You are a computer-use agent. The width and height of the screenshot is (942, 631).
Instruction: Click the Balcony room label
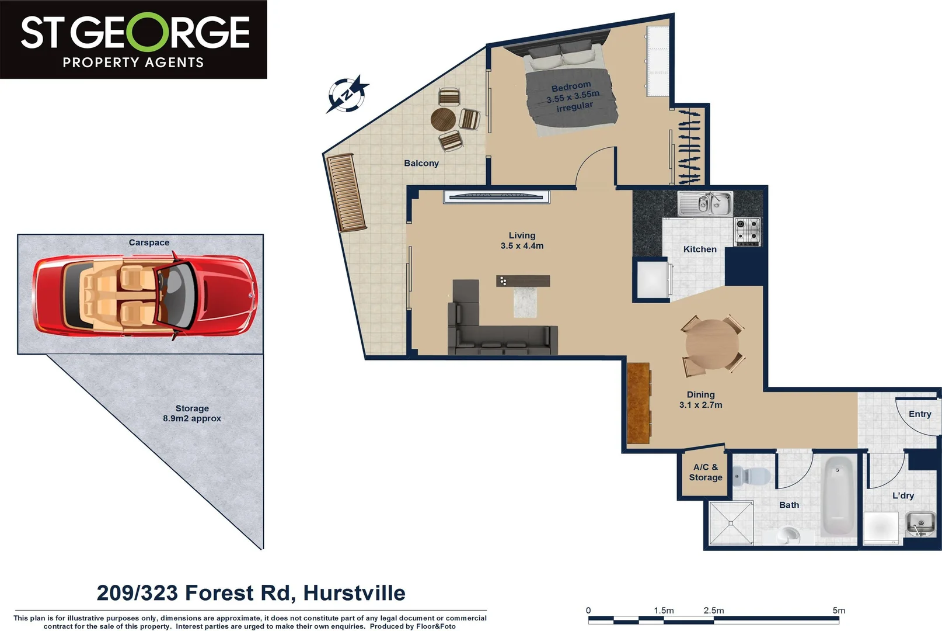[421, 163]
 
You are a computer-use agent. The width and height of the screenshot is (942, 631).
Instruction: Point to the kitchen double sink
[704, 204]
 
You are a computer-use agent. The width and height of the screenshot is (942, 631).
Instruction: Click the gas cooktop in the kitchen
[747, 231]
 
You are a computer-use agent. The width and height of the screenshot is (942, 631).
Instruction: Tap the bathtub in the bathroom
[839, 495]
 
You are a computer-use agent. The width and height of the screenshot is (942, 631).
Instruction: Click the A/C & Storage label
[705, 472]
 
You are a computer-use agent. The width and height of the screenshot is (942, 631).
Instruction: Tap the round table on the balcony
[443, 119]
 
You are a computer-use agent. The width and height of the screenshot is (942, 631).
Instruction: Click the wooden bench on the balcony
[347, 193]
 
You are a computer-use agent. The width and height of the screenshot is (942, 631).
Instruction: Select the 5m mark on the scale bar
[838, 611]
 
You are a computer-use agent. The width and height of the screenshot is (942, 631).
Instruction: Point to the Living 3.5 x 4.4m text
[521, 241]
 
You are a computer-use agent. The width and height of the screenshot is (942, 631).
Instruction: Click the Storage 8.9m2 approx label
[191, 413]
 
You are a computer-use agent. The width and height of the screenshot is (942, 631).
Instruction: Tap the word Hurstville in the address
[354, 593]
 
